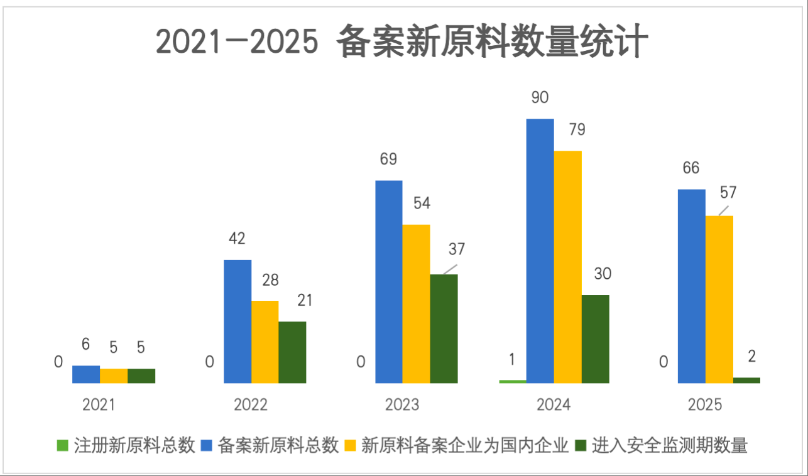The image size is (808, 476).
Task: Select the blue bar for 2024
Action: click(540, 251)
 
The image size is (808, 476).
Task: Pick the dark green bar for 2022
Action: click(292, 352)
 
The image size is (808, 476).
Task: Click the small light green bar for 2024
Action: click(512, 381)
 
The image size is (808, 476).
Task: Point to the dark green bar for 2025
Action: click(746, 380)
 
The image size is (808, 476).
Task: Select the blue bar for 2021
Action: click(85, 374)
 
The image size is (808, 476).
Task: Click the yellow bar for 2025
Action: click(719, 299)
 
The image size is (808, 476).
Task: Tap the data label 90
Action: click(540, 97)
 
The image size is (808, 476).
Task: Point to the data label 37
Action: click(457, 249)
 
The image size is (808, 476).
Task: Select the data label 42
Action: click(237, 239)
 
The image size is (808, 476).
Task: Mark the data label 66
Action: click(691, 168)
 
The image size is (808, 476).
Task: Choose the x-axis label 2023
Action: click(402, 404)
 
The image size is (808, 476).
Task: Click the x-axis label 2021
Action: click(99, 404)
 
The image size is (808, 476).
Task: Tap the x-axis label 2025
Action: click(705, 404)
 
